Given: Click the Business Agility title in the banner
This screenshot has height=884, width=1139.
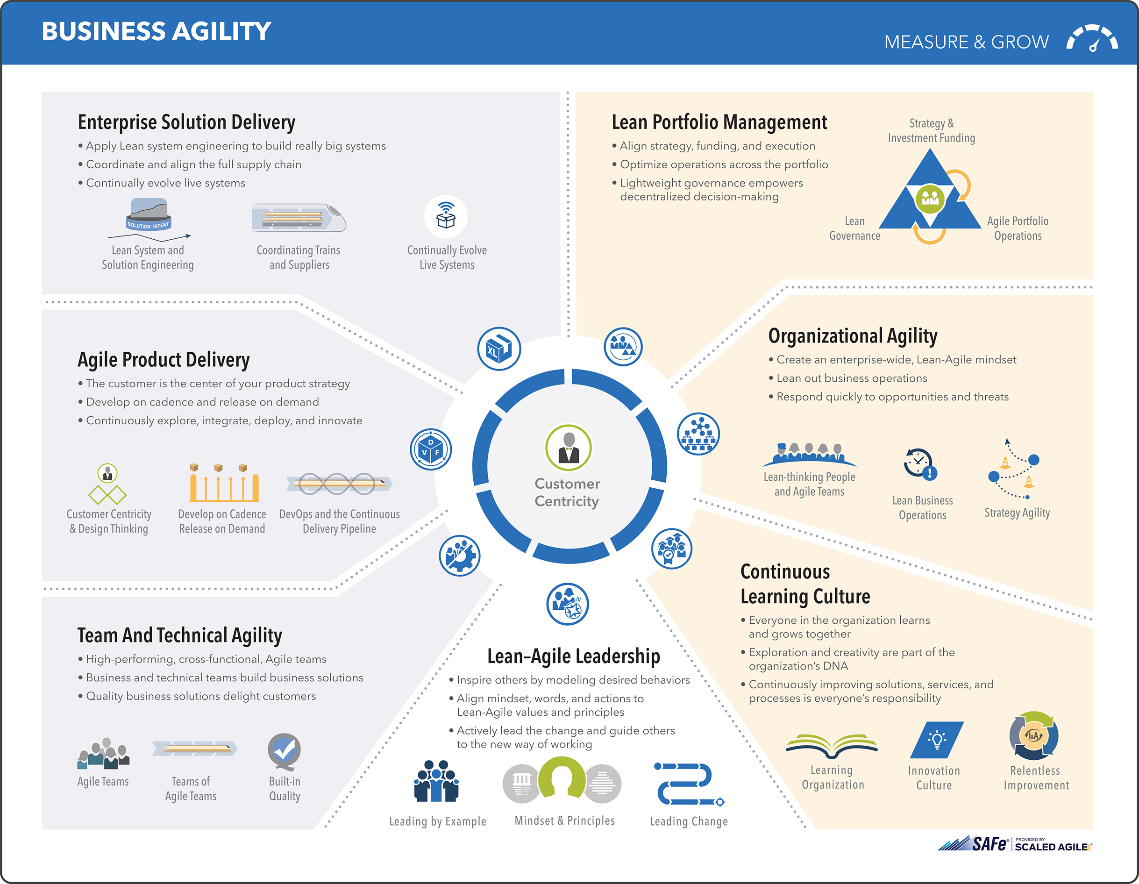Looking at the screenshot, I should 156,31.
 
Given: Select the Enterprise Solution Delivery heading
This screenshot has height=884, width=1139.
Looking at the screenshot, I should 186,122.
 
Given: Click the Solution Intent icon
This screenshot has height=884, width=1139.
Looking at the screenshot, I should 149,214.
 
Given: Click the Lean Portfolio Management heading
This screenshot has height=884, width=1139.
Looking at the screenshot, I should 719,122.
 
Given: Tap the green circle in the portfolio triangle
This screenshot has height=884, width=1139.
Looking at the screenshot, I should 930,198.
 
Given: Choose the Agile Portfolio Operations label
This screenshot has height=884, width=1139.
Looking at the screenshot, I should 1017,228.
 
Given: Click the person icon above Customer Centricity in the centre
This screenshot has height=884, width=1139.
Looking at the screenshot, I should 569,448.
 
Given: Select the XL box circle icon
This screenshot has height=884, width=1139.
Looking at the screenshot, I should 498,349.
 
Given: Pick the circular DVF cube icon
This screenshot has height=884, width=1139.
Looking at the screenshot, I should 431,449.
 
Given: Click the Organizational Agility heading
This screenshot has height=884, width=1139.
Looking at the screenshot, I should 852,336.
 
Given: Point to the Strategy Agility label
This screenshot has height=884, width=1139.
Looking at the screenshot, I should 1017,513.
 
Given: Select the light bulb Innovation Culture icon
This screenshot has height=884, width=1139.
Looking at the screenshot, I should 936,740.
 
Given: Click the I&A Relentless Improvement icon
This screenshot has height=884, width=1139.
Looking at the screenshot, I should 1034,736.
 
